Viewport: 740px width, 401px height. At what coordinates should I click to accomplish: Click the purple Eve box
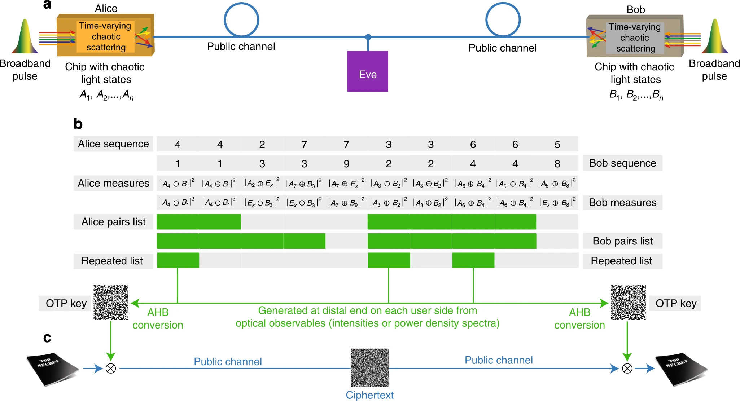pos(368,71)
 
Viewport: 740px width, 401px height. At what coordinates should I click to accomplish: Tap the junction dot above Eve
pos(368,37)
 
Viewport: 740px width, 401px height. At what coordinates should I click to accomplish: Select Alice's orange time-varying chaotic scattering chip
pos(105,35)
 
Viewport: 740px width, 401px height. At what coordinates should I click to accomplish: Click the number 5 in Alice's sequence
pos(557,144)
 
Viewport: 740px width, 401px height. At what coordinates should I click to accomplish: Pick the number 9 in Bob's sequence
pos(346,164)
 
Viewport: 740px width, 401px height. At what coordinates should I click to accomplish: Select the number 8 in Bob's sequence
pos(557,164)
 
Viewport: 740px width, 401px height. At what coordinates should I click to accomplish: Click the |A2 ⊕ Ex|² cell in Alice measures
pos(262,183)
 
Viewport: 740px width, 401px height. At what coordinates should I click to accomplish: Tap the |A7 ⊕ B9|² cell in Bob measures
pos(346,203)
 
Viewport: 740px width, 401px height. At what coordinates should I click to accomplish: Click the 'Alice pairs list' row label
pos(113,222)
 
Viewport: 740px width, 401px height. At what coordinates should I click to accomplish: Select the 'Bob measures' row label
pos(622,203)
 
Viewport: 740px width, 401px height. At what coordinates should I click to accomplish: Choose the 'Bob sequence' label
pos(622,163)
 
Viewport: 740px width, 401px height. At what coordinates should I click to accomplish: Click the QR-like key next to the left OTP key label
pos(111,302)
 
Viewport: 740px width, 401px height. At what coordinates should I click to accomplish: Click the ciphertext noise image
pos(370,367)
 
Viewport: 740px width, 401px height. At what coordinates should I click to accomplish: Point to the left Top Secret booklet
pos(52,369)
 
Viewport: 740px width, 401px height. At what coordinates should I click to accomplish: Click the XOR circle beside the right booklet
pos(627,369)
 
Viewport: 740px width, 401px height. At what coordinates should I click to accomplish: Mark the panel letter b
pos(78,124)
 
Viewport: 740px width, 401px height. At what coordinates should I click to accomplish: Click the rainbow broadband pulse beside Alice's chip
pos(25,36)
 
